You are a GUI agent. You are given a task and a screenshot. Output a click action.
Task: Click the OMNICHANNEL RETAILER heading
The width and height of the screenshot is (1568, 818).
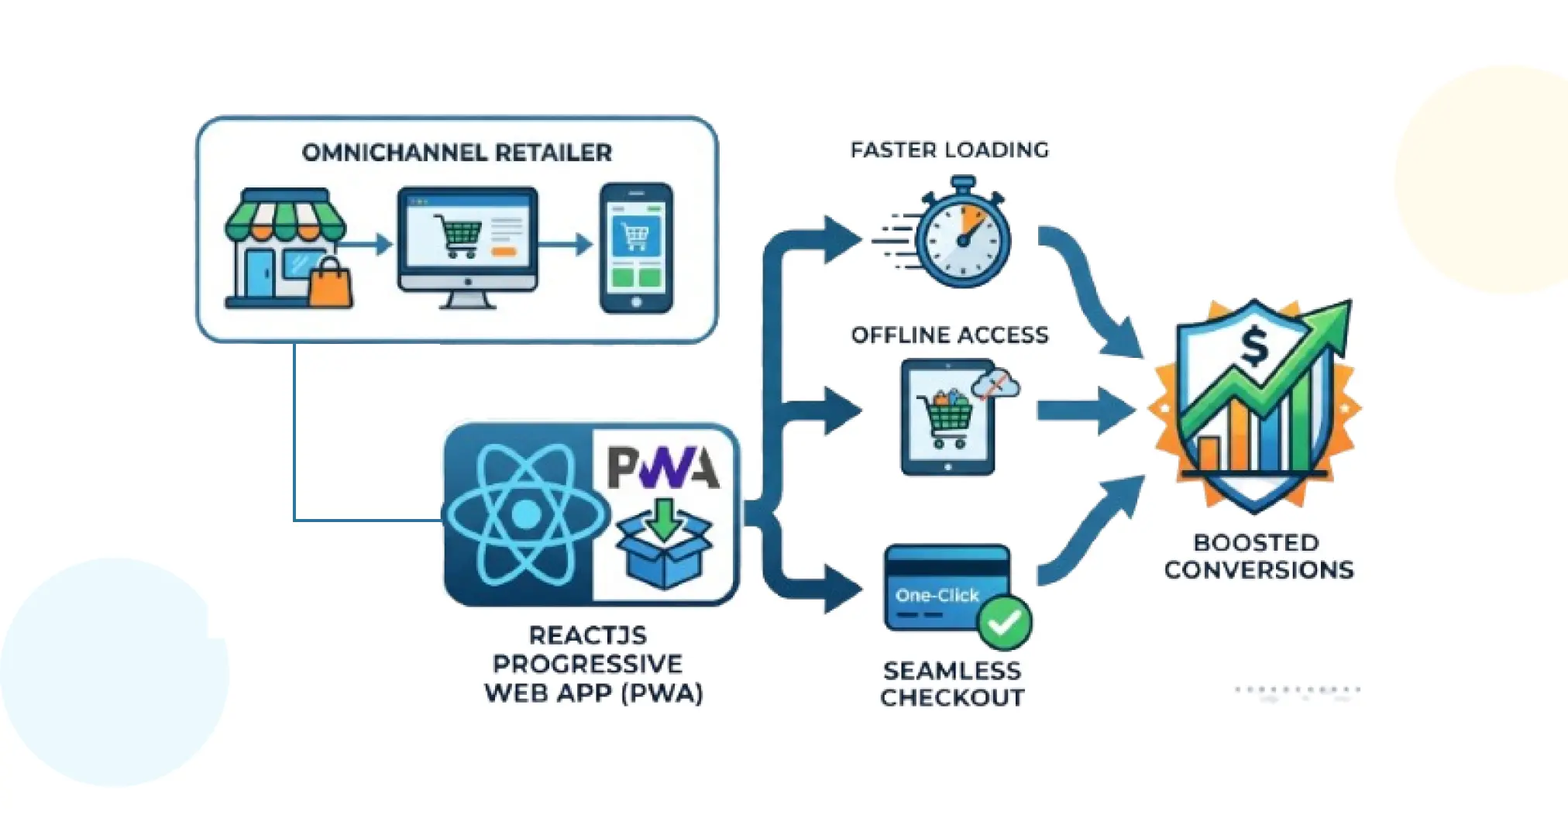click(456, 153)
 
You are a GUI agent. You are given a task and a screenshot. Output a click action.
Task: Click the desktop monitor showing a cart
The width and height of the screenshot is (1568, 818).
click(467, 240)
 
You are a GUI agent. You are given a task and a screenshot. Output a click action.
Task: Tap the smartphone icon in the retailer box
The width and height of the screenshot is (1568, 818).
click(636, 248)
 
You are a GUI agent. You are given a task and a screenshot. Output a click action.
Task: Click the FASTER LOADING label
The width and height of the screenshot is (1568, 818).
click(949, 150)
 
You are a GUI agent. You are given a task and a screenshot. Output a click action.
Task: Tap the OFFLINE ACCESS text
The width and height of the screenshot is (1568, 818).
click(949, 335)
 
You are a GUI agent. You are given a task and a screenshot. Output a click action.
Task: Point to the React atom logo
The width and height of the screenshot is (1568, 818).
click(525, 514)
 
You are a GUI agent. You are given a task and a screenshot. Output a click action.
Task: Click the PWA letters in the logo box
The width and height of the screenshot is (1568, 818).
click(663, 467)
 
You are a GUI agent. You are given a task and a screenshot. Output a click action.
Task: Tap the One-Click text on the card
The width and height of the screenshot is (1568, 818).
click(937, 595)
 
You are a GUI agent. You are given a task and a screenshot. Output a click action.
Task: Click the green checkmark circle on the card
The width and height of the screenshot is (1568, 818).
click(1005, 622)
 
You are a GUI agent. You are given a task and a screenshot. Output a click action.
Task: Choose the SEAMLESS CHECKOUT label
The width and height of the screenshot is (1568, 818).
click(952, 683)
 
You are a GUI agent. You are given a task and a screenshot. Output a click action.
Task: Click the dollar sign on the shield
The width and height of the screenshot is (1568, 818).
click(1253, 346)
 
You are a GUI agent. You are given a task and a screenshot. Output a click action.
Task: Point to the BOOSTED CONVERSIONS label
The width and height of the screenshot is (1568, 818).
click(1258, 556)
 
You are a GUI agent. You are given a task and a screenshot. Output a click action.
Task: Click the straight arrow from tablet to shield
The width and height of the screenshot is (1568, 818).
click(1085, 411)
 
